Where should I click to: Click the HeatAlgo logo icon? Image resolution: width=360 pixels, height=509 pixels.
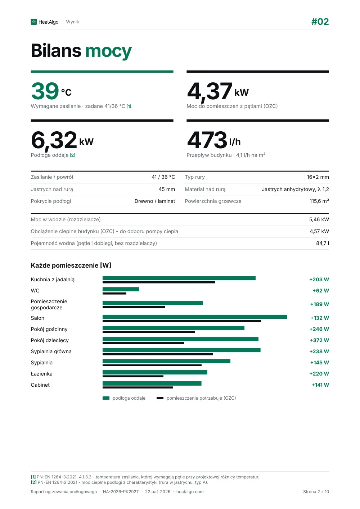click(x=33, y=22)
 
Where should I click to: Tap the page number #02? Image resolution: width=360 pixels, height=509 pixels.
click(x=320, y=22)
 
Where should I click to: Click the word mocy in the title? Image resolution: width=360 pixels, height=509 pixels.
click(x=108, y=51)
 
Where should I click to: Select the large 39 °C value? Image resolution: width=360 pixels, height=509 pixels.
click(x=51, y=91)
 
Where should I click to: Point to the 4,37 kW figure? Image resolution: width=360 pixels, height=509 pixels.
click(x=218, y=92)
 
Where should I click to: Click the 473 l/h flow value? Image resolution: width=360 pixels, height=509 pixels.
click(x=214, y=140)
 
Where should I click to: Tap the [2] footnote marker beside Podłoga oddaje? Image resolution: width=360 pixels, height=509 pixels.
click(x=73, y=155)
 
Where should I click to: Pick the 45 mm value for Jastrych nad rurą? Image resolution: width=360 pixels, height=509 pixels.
click(x=167, y=189)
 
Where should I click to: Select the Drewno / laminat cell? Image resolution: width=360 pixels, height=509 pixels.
click(x=155, y=201)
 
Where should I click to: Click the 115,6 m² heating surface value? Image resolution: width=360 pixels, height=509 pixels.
click(x=319, y=201)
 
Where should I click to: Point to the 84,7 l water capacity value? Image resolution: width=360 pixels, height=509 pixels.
click(x=323, y=243)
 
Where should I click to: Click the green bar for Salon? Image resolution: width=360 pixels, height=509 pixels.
click(x=195, y=317)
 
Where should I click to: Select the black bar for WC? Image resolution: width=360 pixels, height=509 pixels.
click(x=114, y=294)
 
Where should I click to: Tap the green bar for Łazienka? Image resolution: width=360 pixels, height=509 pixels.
click(x=155, y=372)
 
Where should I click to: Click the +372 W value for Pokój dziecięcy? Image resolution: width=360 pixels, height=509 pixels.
click(x=319, y=340)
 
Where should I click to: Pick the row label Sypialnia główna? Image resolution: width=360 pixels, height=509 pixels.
click(x=51, y=351)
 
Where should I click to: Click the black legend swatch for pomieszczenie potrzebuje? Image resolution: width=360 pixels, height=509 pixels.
click(x=160, y=398)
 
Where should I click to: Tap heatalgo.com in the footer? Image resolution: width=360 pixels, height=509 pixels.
click(x=190, y=492)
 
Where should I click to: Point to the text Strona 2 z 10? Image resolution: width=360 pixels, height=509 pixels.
click(x=316, y=492)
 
